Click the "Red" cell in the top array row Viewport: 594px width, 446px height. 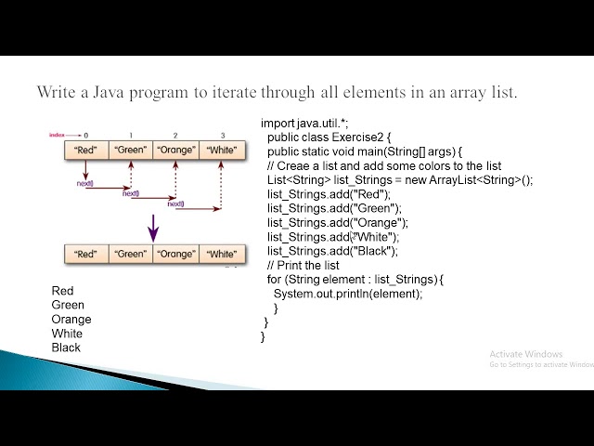pos(85,149)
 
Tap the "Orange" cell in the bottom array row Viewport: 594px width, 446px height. pos(176,254)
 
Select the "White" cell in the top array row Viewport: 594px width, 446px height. pos(222,149)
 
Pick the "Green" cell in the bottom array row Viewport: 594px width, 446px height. pos(131,254)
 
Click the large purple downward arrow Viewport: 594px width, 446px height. pos(153,225)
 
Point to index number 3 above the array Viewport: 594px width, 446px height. pos(222,136)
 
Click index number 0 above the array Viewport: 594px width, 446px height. pos(85,136)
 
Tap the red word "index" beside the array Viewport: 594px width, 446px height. pos(59,136)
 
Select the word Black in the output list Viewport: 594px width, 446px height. pos(66,348)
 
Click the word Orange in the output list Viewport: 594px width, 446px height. pos(71,320)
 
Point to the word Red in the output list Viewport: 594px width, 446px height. pos(62,291)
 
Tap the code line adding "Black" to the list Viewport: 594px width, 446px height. pos(332,251)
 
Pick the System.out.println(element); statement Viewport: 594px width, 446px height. pos(348,294)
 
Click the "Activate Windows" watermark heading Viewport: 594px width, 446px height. pos(526,354)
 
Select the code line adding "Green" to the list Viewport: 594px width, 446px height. pos(334,208)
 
